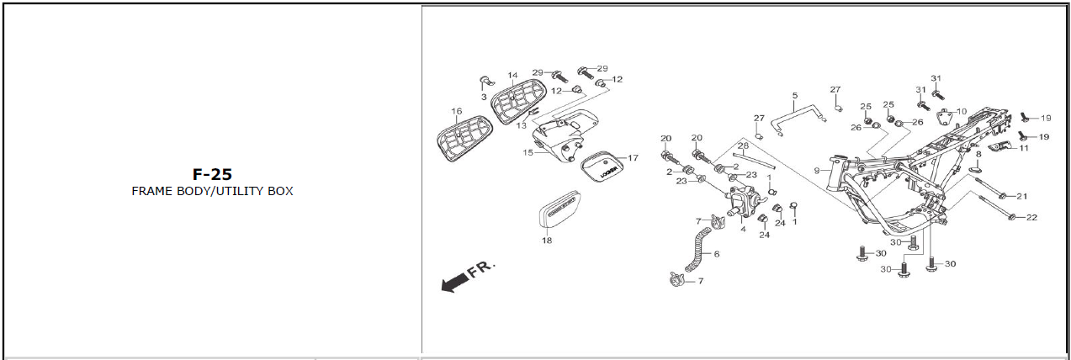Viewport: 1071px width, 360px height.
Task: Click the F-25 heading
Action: point(211,174)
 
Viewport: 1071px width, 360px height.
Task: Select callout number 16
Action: point(456,112)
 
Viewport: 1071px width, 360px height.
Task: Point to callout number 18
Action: point(548,241)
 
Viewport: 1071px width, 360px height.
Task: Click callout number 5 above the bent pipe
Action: point(795,96)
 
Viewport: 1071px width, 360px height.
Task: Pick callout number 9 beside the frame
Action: point(816,171)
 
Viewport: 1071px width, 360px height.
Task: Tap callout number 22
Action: point(1031,217)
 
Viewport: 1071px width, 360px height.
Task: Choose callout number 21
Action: point(1022,196)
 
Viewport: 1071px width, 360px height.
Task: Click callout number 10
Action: point(962,111)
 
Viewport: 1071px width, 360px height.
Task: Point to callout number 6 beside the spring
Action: point(716,253)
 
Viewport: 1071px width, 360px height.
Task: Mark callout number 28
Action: point(743,146)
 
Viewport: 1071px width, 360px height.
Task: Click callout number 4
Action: point(743,228)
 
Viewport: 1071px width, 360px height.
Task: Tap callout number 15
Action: point(528,153)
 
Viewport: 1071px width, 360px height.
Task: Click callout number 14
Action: point(512,76)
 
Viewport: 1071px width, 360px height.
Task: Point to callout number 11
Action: point(1023,148)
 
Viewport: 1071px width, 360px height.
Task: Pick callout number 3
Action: point(484,98)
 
